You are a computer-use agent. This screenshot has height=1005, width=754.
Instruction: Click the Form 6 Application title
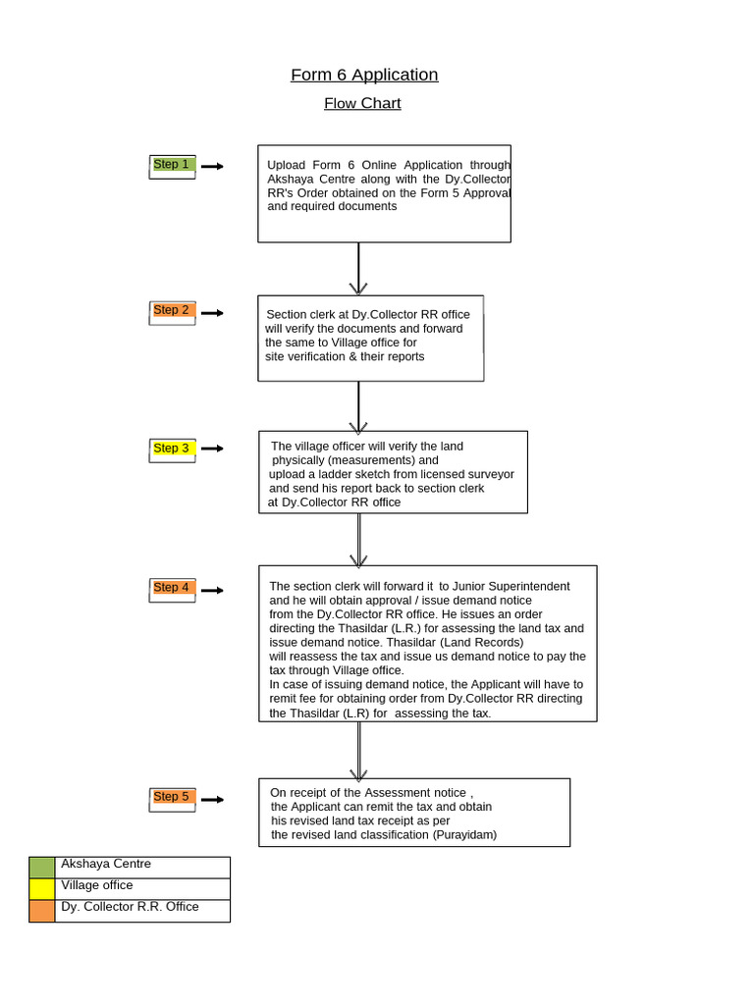pyautogui.click(x=364, y=76)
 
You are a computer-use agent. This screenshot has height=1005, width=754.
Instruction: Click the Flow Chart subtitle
pyautogui.click(x=362, y=103)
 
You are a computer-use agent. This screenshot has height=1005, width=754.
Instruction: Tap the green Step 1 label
pyautogui.click(x=172, y=165)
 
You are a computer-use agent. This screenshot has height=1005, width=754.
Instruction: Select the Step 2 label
pyautogui.click(x=172, y=310)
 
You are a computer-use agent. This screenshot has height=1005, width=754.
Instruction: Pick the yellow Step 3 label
pyautogui.click(x=172, y=449)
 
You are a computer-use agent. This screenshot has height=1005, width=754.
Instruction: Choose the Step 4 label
pyautogui.click(x=172, y=588)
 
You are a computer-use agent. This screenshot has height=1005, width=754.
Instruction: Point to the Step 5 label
pyautogui.click(x=172, y=797)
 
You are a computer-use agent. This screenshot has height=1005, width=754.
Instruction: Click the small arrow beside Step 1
pyautogui.click(x=212, y=167)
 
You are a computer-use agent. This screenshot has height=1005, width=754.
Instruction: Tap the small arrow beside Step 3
pyautogui.click(x=212, y=449)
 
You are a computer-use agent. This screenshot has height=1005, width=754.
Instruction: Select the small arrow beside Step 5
pyautogui.click(x=212, y=800)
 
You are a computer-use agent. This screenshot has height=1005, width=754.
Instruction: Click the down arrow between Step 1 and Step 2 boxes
pyautogui.click(x=358, y=269)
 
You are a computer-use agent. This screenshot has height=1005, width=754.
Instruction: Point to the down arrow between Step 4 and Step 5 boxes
pyautogui.click(x=358, y=751)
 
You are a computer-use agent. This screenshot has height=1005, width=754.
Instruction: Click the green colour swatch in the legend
pyautogui.click(x=42, y=868)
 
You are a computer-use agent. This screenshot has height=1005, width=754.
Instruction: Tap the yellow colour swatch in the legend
pyautogui.click(x=42, y=889)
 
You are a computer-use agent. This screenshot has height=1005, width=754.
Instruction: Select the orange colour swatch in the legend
pyautogui.click(x=42, y=911)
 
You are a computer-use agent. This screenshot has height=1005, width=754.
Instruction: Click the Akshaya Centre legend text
pyautogui.click(x=106, y=865)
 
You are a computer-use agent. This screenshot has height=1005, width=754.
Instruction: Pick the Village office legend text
pyautogui.click(x=97, y=885)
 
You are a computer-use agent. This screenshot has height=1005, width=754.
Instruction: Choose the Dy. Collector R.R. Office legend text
pyautogui.click(x=130, y=907)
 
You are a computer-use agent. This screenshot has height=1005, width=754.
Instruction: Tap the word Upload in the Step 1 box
pyautogui.click(x=286, y=165)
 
